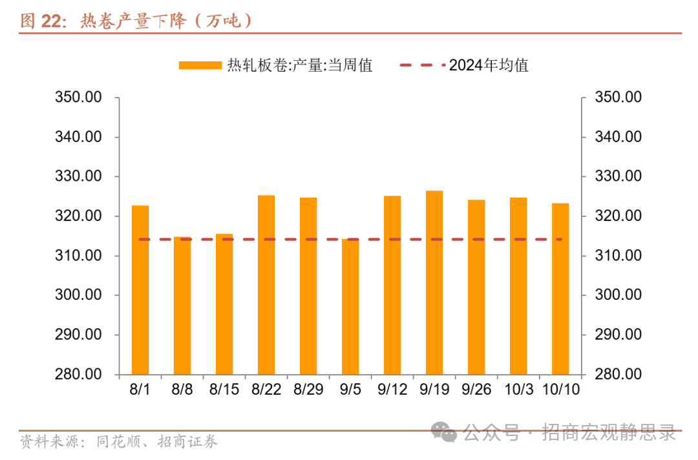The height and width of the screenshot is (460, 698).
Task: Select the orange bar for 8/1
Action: tap(140, 291)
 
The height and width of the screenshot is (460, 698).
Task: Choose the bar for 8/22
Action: tap(266, 285)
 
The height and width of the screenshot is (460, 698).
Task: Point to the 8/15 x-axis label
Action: tap(224, 390)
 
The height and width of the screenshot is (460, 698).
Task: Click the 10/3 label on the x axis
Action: tap(518, 390)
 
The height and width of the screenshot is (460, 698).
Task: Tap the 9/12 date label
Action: tap(392, 390)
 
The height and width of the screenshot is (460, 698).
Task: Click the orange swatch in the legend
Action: tap(200, 65)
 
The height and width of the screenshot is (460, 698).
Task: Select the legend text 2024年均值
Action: tap(489, 65)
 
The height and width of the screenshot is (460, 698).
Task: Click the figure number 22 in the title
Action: tap(50, 21)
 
